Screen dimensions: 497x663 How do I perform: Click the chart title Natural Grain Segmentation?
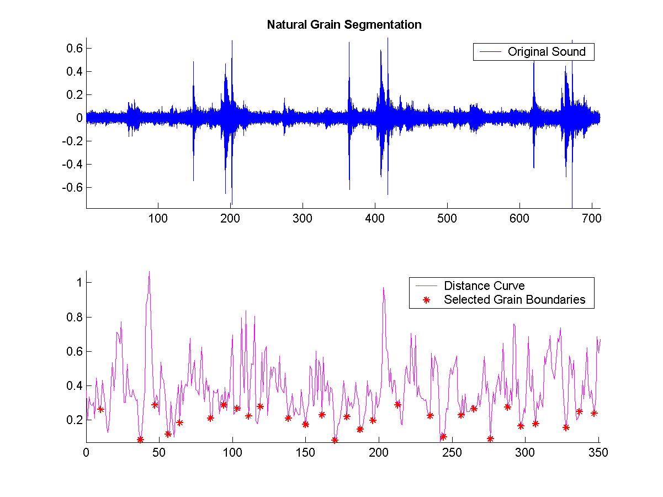coord(344,25)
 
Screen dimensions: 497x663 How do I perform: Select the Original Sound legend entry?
coord(547,52)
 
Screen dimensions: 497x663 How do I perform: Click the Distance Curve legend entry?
coord(484,286)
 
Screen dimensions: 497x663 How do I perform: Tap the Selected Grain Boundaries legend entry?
coord(515,300)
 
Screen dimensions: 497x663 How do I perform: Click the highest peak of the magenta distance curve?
coord(149,271)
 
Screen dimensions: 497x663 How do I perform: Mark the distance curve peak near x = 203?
coord(383,287)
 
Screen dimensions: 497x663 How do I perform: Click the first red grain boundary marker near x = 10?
coord(100,409)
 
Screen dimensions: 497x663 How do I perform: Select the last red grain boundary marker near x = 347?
coord(595,413)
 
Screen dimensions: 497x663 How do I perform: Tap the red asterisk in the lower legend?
coord(426,300)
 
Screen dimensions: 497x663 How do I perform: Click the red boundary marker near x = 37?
coord(140,440)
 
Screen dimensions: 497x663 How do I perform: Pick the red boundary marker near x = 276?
coord(490,439)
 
